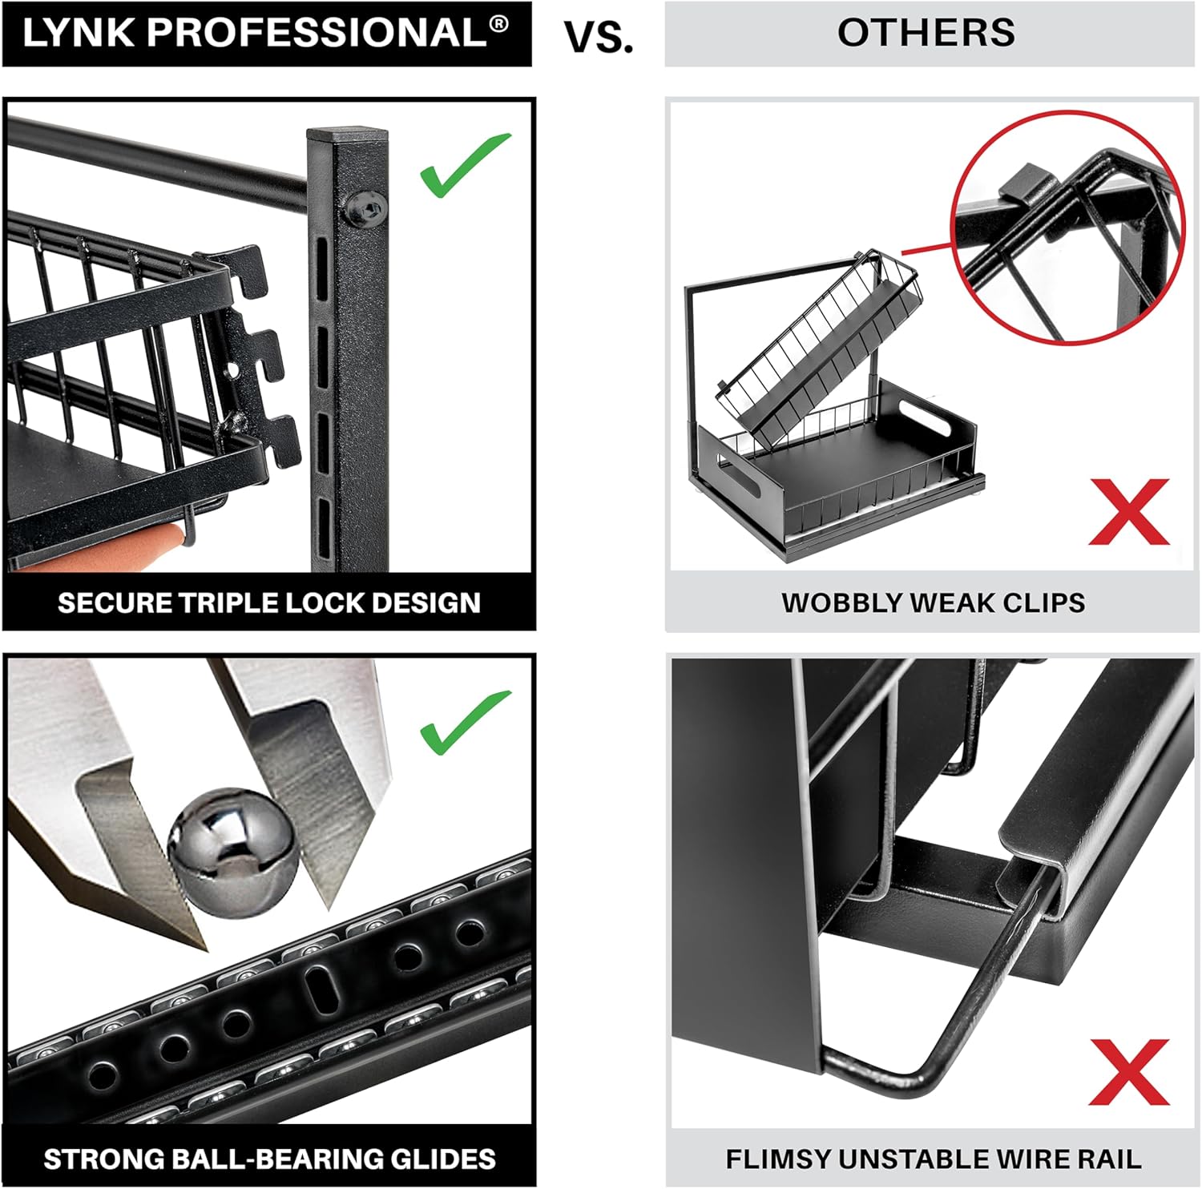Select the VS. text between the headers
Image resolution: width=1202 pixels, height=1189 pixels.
click(x=599, y=37)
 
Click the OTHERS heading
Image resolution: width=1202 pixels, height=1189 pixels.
click(x=926, y=34)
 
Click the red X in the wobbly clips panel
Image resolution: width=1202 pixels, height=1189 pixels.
click(x=1129, y=512)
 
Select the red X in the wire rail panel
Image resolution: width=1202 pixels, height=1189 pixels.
click(x=1129, y=1071)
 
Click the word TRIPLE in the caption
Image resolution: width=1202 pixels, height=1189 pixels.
click(x=228, y=603)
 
